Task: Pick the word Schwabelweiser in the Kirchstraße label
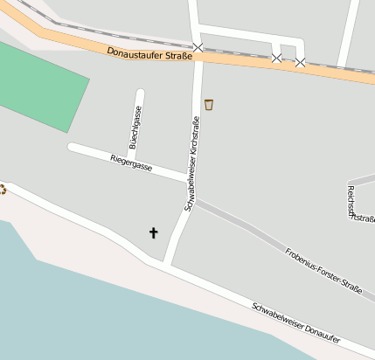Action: tap(189, 184)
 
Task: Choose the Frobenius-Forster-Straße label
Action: tap(323, 270)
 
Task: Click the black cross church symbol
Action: tap(154, 232)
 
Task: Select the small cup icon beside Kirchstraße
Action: tap(209, 105)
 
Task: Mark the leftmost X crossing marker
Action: tap(198, 47)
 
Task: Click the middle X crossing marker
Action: tap(276, 58)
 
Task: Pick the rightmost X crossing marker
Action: tap(300, 62)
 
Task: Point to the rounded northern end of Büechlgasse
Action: tap(140, 92)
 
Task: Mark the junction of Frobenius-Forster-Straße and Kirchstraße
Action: tap(195, 202)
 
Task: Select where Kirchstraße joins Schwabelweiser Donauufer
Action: tap(167, 263)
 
